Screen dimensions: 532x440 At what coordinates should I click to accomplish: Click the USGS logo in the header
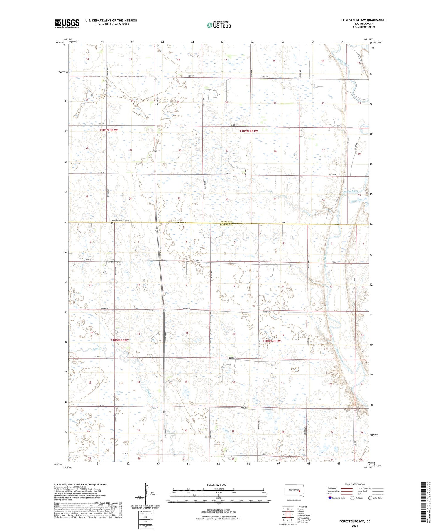(67, 23)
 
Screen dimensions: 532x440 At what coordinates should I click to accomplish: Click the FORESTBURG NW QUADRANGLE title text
(363, 20)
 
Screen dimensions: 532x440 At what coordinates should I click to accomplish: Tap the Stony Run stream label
(356, 200)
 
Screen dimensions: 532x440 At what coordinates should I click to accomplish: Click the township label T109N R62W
(108, 130)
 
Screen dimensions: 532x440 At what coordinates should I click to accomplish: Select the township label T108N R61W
(271, 341)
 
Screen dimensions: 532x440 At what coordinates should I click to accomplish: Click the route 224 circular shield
(113, 261)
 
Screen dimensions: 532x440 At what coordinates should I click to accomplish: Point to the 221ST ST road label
(89, 260)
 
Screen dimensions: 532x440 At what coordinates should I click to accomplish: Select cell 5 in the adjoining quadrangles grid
(292, 506)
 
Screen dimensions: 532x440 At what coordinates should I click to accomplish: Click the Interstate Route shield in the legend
(330, 498)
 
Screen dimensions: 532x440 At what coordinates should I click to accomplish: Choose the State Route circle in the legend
(370, 498)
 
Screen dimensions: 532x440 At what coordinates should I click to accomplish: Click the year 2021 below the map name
(354, 526)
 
